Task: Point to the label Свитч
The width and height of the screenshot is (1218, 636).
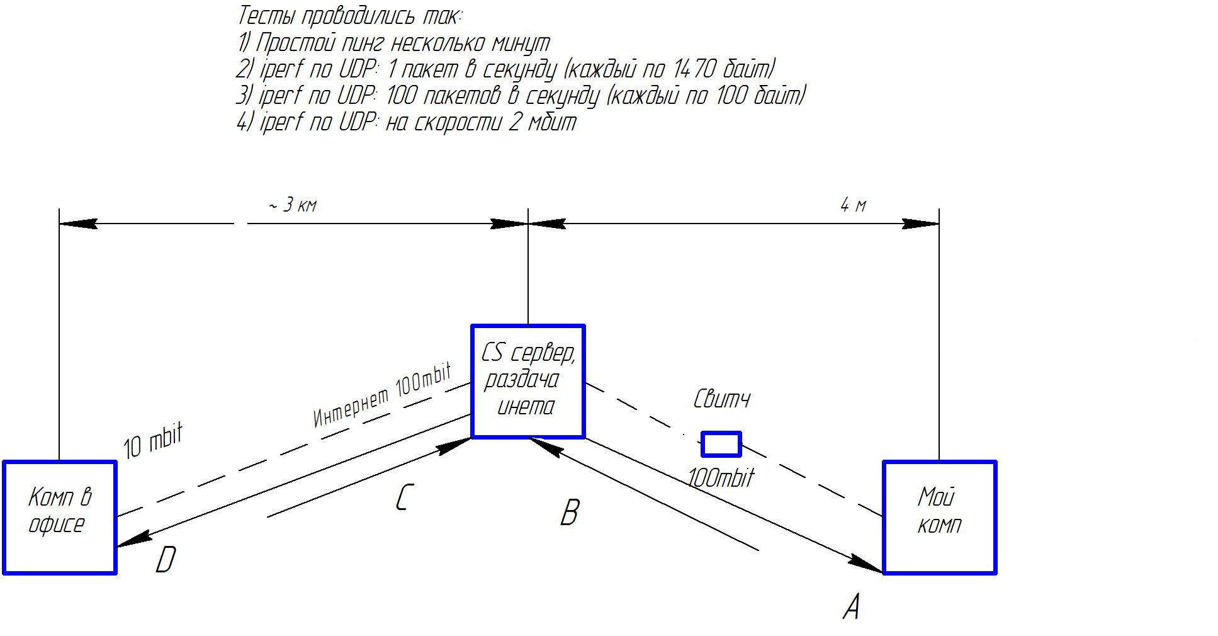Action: [x=721, y=399]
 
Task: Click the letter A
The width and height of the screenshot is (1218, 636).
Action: [x=851, y=608]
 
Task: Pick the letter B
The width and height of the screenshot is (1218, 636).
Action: [x=569, y=513]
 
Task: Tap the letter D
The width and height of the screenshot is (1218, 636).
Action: [x=165, y=560]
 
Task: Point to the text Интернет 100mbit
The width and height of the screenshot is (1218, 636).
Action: [x=383, y=396]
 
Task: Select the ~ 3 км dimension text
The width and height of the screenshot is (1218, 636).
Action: [x=293, y=205]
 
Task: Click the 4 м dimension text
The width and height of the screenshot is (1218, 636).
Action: [x=854, y=205]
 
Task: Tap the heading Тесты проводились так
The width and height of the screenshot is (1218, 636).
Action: [x=350, y=16]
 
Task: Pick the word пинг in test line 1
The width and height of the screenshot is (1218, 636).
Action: [x=364, y=43]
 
